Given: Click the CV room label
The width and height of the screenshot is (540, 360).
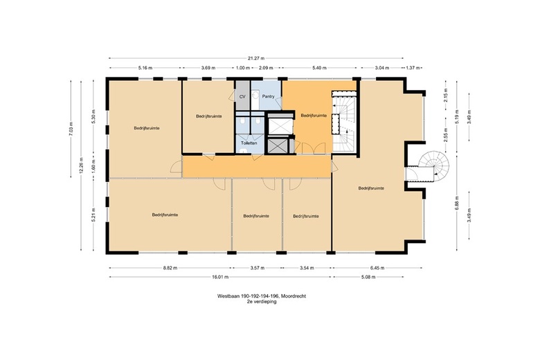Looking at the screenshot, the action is tap(242, 97).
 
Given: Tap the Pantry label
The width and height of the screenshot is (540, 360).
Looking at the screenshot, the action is tap(269, 96).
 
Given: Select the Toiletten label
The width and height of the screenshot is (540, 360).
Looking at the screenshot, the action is tap(249, 143).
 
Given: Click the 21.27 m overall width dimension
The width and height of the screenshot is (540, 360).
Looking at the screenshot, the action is tap(256, 58).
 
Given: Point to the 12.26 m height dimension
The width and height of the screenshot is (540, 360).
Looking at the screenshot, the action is tap(81, 165).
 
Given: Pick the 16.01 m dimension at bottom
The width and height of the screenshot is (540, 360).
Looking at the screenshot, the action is tap(220, 277).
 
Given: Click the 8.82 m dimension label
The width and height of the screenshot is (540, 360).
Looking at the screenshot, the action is tap(170, 268).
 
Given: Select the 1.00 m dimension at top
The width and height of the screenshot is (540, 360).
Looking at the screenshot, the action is tap(243, 68).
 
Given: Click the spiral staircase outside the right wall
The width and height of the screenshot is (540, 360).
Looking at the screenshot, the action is tap(434, 165).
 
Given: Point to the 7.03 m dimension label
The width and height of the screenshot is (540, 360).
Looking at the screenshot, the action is tap(71, 129).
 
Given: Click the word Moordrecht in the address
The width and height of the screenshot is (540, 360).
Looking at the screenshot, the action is tap(294, 296).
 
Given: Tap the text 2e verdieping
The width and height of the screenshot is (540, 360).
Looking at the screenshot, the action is tap(262, 301).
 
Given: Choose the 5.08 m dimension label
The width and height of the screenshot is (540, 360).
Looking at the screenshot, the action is tap(368, 277).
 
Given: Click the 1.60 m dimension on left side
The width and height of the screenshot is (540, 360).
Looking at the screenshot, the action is tap(93, 166).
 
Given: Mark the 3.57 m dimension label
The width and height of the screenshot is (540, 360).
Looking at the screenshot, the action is tap(258, 268).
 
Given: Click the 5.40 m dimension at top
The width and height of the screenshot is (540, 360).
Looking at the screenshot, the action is tap(319, 68).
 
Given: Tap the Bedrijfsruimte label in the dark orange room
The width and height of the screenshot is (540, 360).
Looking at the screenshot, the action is tap(314, 116).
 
